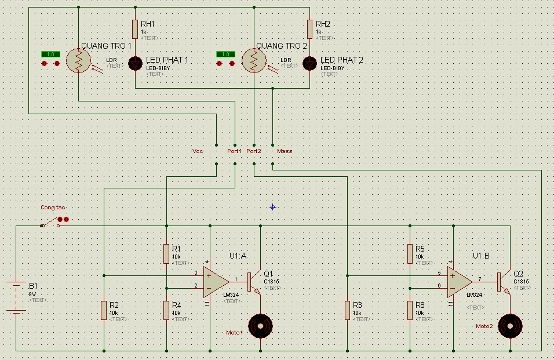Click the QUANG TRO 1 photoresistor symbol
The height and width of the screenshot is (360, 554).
(x=78, y=60)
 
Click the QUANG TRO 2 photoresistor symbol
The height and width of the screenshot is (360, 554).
(x=254, y=60)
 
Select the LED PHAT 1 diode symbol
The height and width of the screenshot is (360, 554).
(x=135, y=63)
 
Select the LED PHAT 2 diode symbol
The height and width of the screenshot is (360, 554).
(x=310, y=63)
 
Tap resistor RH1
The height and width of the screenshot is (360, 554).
(x=135, y=29)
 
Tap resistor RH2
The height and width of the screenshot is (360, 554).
(x=310, y=29)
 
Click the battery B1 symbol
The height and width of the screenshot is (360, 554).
(x=16, y=297)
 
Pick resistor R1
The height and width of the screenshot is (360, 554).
(x=166, y=253)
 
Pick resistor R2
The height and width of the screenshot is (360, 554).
(x=104, y=310)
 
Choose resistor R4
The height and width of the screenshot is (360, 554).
(x=166, y=310)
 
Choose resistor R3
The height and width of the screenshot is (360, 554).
(x=347, y=310)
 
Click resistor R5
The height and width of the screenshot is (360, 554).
(x=410, y=253)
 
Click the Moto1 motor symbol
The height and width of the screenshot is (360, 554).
(x=260, y=325)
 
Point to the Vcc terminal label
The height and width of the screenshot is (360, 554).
(x=198, y=151)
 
